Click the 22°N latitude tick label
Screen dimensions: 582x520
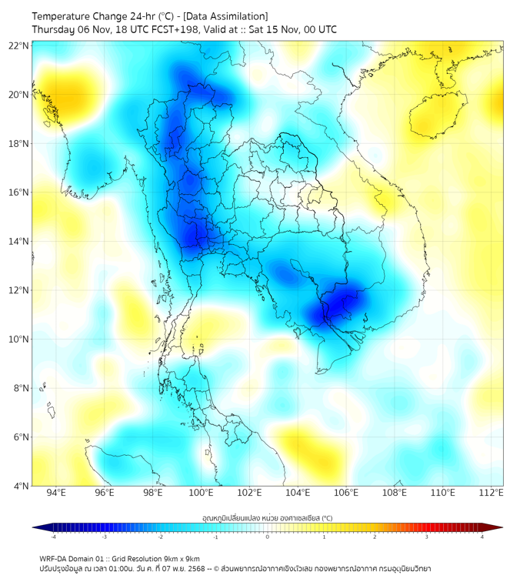tap(18, 45)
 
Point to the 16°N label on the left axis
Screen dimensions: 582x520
tap(18, 192)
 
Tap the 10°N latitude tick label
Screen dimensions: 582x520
tap(18, 339)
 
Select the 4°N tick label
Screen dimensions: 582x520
tap(21, 486)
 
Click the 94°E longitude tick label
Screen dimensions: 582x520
tap(56, 493)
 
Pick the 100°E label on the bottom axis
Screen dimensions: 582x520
tap(202, 493)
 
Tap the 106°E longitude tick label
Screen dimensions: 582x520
tap(346, 493)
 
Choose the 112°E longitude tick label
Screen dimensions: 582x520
tap(491, 493)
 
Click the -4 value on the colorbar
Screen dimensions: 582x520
tap(53, 537)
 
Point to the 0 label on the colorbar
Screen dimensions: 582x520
tap(268, 537)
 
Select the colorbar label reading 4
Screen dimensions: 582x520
tap(482, 537)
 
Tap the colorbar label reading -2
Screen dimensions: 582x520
tap(160, 537)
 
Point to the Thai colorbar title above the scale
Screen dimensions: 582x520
tap(267, 518)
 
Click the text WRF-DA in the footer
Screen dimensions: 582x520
tap(55, 558)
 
